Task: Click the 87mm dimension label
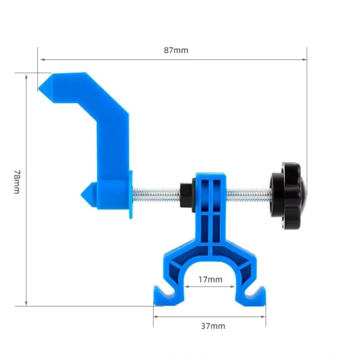(x=176, y=50)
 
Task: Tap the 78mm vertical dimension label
(x=17, y=182)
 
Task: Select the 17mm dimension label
(x=210, y=279)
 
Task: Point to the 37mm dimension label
(x=213, y=326)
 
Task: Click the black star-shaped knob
(x=288, y=196)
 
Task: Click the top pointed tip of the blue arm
(x=39, y=87)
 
